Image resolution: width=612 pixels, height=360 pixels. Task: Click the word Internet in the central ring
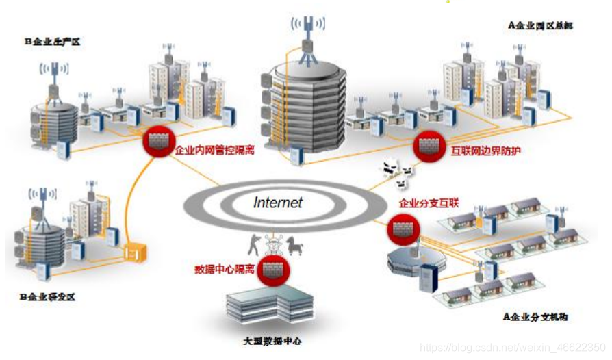point(277,203)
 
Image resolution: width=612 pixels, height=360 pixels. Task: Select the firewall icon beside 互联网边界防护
point(429,144)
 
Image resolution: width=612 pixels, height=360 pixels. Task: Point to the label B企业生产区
point(53,42)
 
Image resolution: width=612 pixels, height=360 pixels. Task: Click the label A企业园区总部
point(539,25)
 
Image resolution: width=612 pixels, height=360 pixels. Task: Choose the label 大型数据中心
point(272,340)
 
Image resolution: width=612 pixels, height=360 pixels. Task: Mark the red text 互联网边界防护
point(485,149)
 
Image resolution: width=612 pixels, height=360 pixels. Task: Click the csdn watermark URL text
point(512,347)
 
